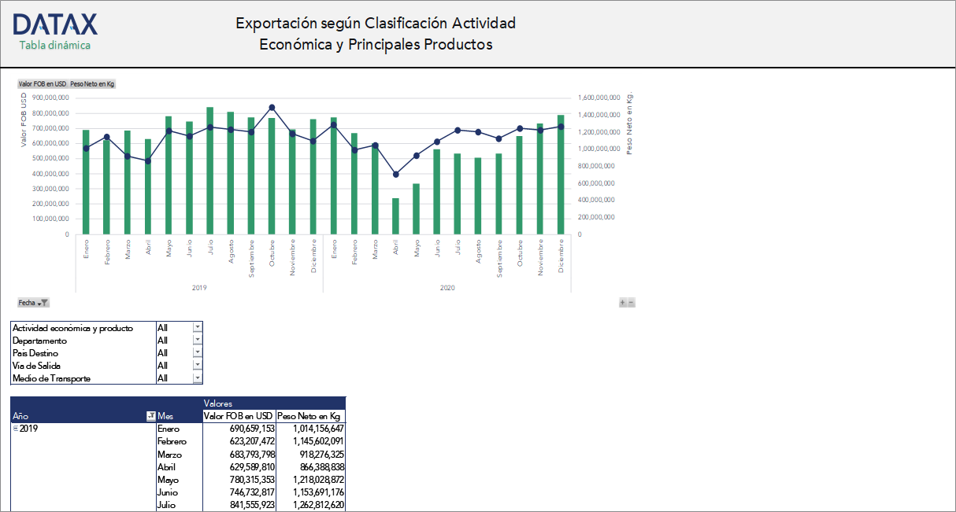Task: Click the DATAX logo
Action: [x=55, y=24]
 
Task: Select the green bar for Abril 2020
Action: [x=395, y=215]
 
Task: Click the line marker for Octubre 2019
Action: [x=272, y=107]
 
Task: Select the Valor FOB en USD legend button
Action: [x=43, y=83]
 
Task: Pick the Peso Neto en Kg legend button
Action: [x=92, y=83]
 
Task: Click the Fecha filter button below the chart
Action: [x=34, y=302]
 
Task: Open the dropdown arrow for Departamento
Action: [x=198, y=341]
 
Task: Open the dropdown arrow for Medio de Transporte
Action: [x=198, y=378]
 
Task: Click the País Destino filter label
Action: [x=35, y=353]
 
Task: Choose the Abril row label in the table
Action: [x=167, y=466]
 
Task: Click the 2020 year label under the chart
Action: [x=447, y=288]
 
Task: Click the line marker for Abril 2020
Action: [x=395, y=174]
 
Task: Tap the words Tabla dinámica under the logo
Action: [x=55, y=45]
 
